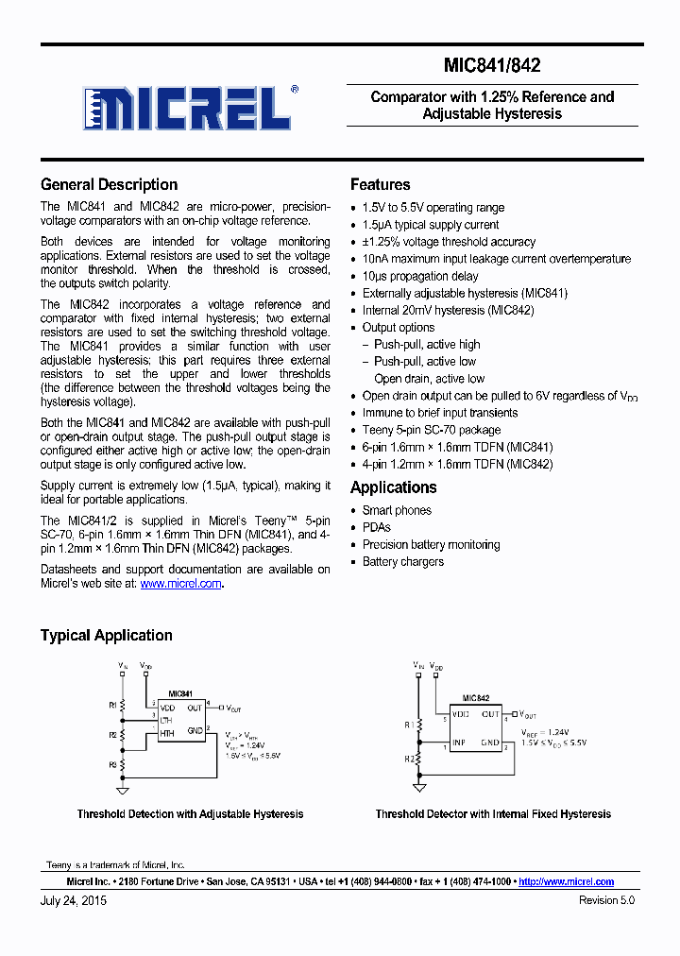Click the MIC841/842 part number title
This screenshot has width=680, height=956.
492,66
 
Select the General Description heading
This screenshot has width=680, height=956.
109,185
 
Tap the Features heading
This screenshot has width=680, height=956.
380,185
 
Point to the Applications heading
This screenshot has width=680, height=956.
393,487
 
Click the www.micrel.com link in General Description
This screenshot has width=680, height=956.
180,584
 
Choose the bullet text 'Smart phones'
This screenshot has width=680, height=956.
397,510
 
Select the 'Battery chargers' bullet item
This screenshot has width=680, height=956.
402,561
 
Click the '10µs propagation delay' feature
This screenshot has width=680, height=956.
420,276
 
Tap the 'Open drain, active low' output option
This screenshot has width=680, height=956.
429,379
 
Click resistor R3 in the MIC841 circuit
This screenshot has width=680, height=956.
122,762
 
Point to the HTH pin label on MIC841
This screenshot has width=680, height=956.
167,732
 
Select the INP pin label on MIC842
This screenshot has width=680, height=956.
458,743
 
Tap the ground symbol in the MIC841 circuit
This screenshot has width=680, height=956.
122,789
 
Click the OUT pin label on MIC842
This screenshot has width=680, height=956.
490,714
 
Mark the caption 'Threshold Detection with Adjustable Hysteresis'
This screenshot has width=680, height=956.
190,814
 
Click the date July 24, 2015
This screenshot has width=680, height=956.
74,901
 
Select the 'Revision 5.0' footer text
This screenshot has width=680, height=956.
606,901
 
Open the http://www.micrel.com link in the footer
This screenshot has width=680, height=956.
566,881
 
